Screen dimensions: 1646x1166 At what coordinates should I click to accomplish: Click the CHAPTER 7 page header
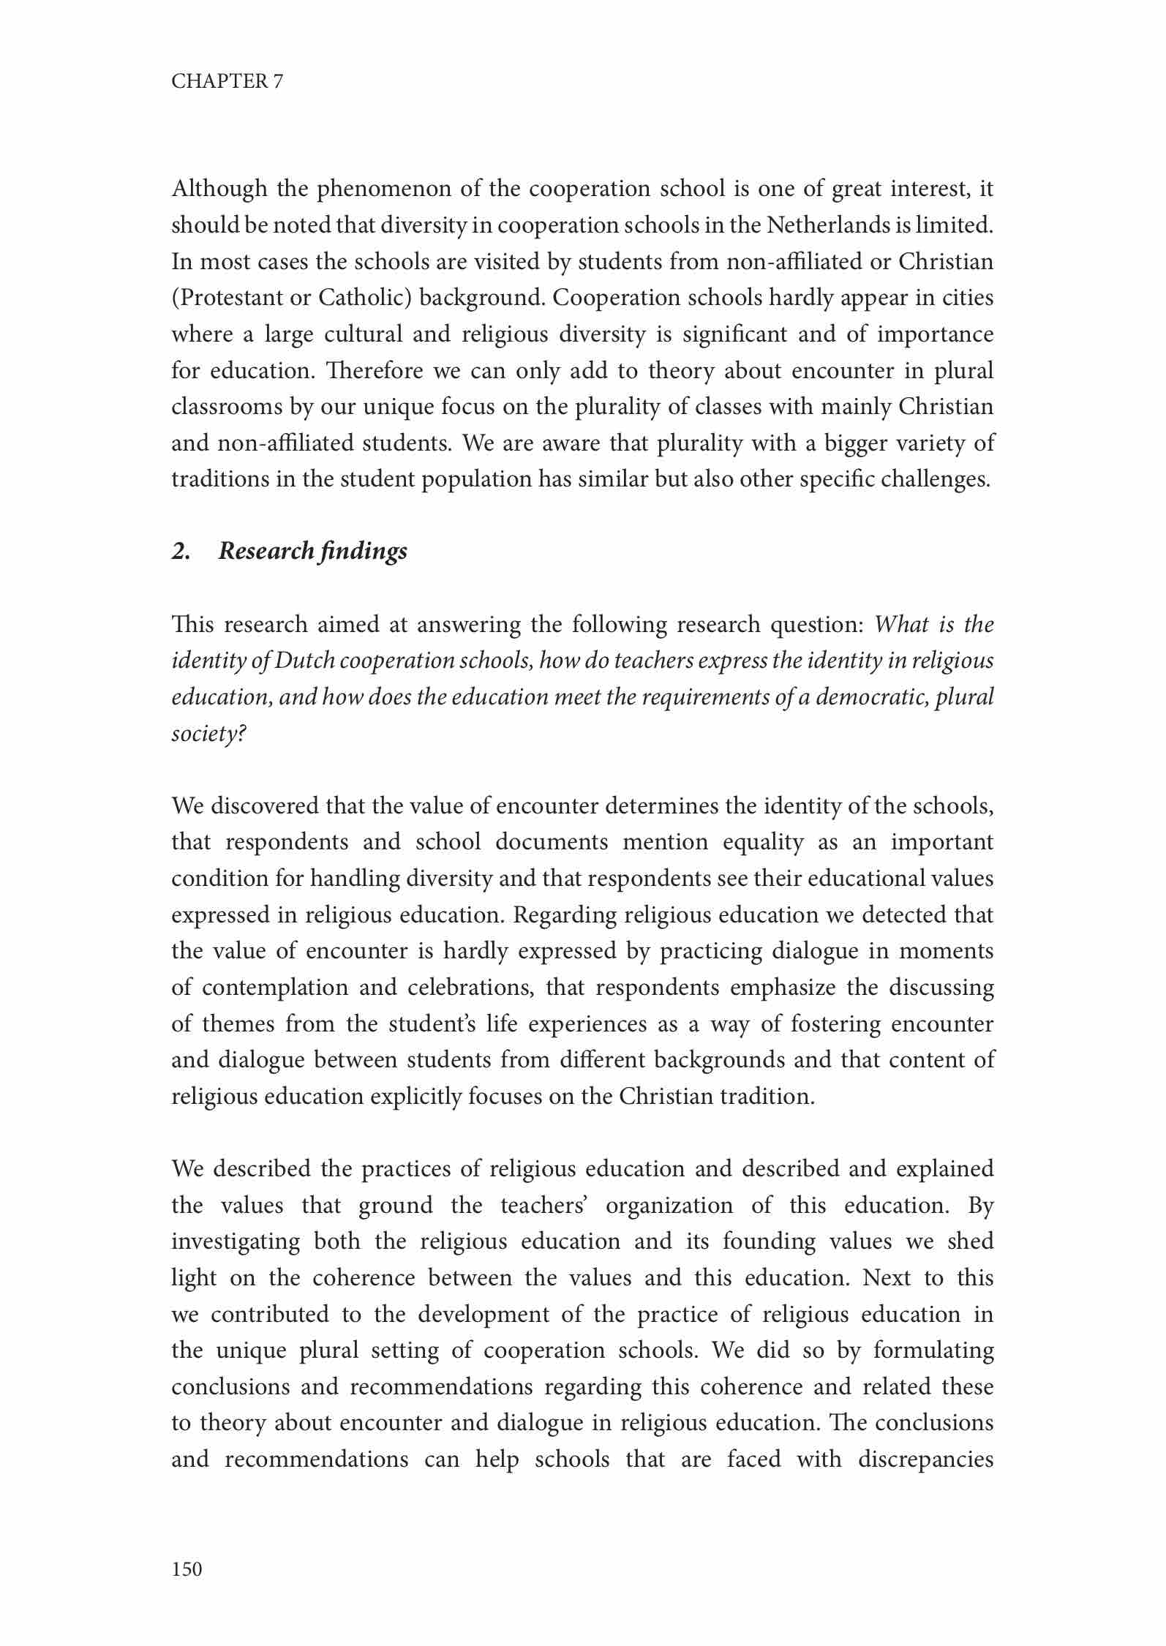pyautogui.click(x=227, y=81)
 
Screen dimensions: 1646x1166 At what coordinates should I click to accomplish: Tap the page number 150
pyautogui.click(x=187, y=1569)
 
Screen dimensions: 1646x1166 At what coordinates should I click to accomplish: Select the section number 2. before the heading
pyautogui.click(x=181, y=552)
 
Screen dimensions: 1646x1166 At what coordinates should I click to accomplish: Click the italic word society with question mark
pyautogui.click(x=208, y=734)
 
